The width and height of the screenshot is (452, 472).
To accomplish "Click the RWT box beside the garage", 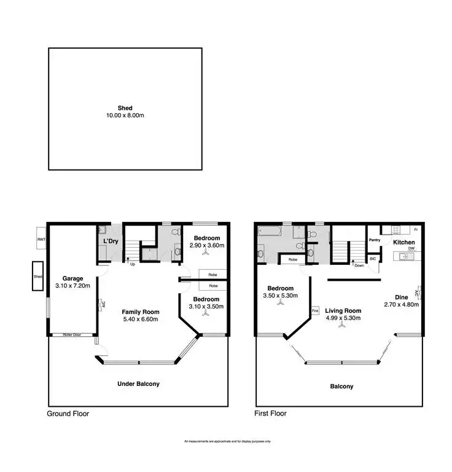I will [x=41, y=239].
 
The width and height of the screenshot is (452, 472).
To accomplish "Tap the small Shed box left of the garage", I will [x=38, y=277].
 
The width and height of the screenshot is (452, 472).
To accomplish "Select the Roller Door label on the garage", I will [x=72, y=335].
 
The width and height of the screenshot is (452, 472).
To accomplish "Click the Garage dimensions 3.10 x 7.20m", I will [x=72, y=286].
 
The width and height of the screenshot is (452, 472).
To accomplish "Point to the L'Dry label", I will [x=111, y=242].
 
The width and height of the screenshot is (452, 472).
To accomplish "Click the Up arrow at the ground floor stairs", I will [x=133, y=264].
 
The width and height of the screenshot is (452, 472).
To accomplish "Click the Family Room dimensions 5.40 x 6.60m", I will [x=140, y=319].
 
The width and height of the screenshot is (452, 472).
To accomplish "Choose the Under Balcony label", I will [x=138, y=383].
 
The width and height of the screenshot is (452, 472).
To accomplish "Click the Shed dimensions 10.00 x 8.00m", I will [x=125, y=116].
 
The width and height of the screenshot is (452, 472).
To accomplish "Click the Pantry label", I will [x=374, y=240].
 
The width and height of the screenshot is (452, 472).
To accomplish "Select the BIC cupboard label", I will [x=373, y=259].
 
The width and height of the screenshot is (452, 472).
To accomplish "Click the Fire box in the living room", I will [x=315, y=310].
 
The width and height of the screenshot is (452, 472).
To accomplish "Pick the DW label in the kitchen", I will [x=411, y=250].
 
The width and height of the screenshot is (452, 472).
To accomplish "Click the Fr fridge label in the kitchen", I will [x=416, y=230].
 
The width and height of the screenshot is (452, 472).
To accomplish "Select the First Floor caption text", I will [x=270, y=414].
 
